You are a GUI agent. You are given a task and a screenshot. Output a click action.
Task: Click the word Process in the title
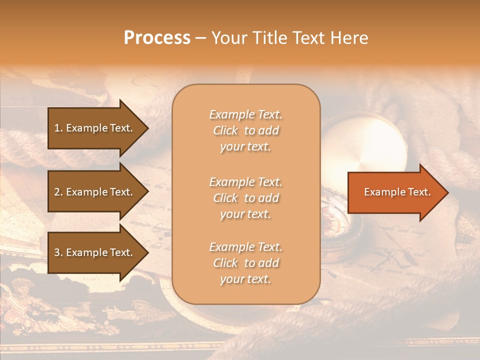157,38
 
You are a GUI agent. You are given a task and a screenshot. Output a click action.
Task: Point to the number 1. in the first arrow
58,128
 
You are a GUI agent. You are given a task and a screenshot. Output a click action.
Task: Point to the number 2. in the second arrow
58,192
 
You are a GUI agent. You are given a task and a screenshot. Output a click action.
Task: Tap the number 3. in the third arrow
58,252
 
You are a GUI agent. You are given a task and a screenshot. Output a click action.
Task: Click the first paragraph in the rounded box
245,130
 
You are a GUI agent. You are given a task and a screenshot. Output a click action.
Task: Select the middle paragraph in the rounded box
245,198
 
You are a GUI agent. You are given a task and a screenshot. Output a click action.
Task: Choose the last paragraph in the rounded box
245,263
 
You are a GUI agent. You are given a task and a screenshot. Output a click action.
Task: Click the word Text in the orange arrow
419,192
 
